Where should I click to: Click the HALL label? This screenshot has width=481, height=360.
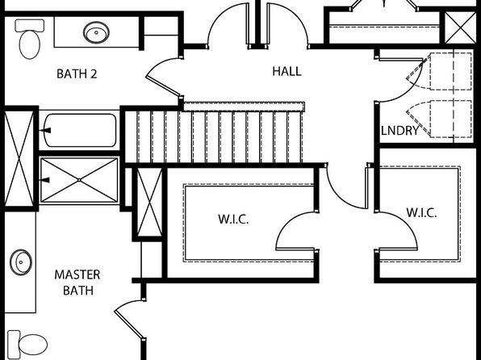click(x=287, y=72)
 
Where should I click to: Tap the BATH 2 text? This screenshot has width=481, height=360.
click(x=77, y=74)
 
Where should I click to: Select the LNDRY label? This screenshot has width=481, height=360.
click(x=399, y=131)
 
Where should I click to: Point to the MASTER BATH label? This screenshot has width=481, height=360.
click(x=77, y=283)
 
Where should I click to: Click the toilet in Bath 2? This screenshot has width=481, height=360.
click(x=29, y=39)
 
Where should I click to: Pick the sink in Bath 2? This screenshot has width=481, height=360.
click(x=96, y=32)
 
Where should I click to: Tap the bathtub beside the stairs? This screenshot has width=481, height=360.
click(x=81, y=131)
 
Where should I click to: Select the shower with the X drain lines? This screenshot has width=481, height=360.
click(x=79, y=180)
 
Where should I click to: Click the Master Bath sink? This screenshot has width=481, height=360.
click(x=20, y=262)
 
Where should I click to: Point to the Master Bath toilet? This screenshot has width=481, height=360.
click(x=27, y=343)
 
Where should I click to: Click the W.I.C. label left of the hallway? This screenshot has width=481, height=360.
click(x=233, y=220)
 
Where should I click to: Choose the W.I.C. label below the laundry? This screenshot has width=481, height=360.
click(x=421, y=212)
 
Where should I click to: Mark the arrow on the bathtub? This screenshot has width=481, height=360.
click(x=44, y=131)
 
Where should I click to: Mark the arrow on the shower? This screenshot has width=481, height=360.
click(x=44, y=180)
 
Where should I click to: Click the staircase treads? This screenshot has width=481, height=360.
click(x=214, y=137)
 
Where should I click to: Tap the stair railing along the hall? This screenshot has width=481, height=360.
click(x=244, y=107)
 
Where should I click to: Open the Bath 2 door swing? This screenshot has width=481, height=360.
click(x=162, y=77)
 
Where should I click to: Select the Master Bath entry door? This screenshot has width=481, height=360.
click(x=129, y=320)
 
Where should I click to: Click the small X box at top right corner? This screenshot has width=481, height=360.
click(x=461, y=28)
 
